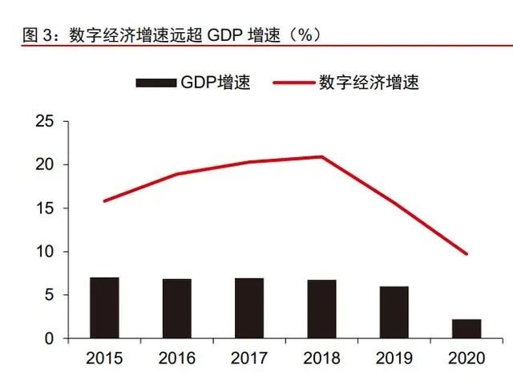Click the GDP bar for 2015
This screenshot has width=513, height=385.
point(104,308)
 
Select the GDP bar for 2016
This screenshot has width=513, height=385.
point(176,309)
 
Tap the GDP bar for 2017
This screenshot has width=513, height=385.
point(249,309)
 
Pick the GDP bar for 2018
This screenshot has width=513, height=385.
point(321,309)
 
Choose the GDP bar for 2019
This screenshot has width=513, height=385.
point(394,312)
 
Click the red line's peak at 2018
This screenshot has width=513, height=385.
point(321,156)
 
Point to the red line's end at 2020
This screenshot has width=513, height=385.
point(467,254)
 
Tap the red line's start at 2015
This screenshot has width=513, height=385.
point(104,201)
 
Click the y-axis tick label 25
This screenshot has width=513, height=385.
point(44,122)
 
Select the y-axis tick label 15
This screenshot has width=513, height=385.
point(44,209)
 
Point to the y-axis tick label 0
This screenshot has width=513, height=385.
point(50,339)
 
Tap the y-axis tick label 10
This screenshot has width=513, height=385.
point(44,252)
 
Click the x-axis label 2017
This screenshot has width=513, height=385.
point(249,358)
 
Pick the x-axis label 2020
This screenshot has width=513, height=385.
point(467,358)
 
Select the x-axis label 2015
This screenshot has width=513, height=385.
point(104,358)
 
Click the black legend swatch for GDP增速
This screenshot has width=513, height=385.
point(156,83)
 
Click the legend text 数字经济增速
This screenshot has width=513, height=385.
point(369,83)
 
